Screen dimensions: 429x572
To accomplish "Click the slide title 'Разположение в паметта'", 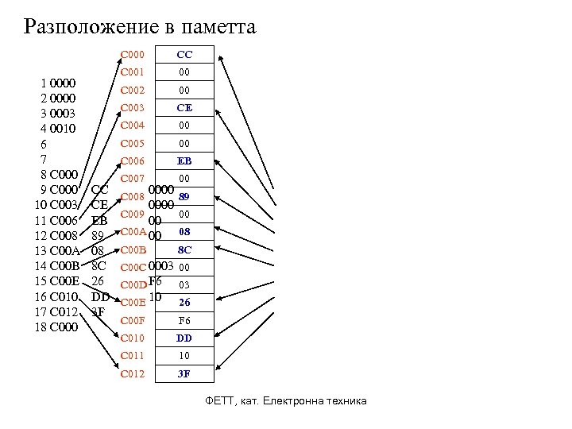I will [x=140, y=28].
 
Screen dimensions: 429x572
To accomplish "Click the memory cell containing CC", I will [x=184, y=56].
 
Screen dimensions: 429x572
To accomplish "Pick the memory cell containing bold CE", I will [x=184, y=108].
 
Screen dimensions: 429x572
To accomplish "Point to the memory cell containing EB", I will [x=184, y=161].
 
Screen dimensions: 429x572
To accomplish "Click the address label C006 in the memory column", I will [x=132, y=161].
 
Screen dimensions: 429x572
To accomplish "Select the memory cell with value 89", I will [x=184, y=196].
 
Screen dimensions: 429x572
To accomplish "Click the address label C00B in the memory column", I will [x=132, y=249].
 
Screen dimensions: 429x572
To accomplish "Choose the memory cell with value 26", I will [x=184, y=303].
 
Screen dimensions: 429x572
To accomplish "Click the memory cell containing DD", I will [x=184, y=338].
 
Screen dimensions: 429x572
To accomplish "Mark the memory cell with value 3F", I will [x=184, y=373].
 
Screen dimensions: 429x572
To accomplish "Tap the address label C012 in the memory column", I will [x=132, y=373].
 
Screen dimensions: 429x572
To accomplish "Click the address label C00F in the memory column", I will [x=132, y=320].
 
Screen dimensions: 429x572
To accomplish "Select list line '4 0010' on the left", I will [x=58, y=129].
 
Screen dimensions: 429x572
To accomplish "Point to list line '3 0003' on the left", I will [x=58, y=114].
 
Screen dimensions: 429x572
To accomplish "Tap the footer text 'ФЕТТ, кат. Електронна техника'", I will [x=285, y=401].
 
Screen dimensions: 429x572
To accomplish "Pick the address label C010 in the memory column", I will [x=132, y=338].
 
